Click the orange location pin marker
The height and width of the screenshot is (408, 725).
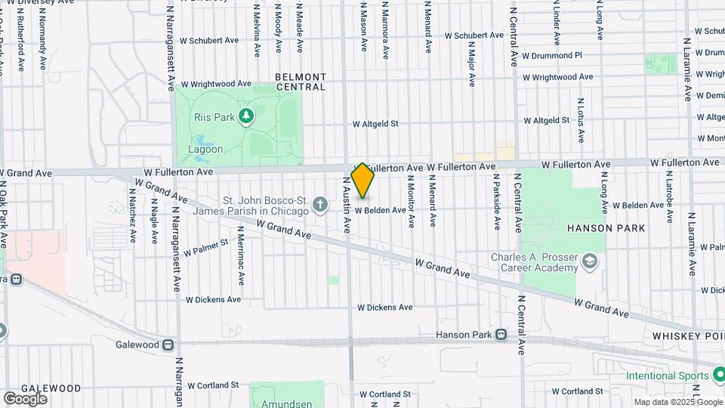pyautogui.click(x=362, y=180)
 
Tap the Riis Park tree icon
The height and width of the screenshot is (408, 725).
pyautogui.click(x=245, y=116)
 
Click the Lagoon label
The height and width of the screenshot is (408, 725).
pyautogui.click(x=205, y=150)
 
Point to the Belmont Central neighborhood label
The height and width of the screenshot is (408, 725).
pyautogui.click(x=301, y=82)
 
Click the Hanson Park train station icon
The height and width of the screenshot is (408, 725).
pyautogui.click(x=501, y=335)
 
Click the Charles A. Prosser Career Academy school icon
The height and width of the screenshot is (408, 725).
pyautogui.click(x=589, y=262)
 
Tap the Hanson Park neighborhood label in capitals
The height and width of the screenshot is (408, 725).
pyautogui.click(x=606, y=228)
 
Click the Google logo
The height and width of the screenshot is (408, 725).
pyautogui.click(x=25, y=398)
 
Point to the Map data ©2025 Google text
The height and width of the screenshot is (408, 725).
pyautogui.click(x=677, y=402)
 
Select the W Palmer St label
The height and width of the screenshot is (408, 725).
pyautogui.click(x=203, y=244)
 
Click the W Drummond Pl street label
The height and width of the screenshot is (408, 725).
pyautogui.click(x=556, y=55)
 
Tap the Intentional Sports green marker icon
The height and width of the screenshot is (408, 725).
pyautogui.click(x=716, y=376)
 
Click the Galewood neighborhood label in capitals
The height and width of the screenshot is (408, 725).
pyautogui.click(x=51, y=388)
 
